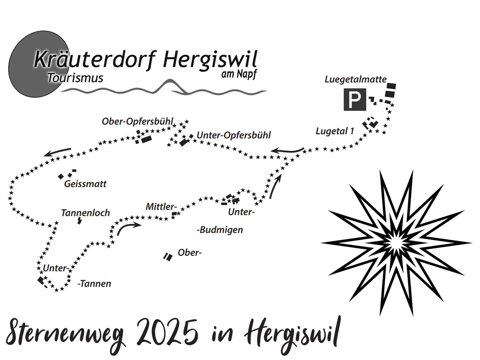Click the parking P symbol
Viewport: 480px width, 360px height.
point(355,100)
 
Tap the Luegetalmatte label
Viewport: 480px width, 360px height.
point(356,79)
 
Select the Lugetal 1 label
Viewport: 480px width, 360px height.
point(335,131)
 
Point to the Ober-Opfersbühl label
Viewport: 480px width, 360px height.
point(138,121)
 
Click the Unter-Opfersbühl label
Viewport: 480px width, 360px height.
point(234,135)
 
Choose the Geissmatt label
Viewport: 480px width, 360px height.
point(85,184)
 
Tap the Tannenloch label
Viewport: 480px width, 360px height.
point(86,213)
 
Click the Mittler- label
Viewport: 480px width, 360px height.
point(161,206)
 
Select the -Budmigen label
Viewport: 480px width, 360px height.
point(220,230)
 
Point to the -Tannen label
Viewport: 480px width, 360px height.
point(94,284)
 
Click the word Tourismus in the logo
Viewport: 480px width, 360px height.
point(75,78)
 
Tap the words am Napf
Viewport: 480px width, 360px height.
point(238,74)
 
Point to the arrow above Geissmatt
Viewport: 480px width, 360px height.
point(57,152)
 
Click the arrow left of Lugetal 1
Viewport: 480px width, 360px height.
point(287,150)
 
